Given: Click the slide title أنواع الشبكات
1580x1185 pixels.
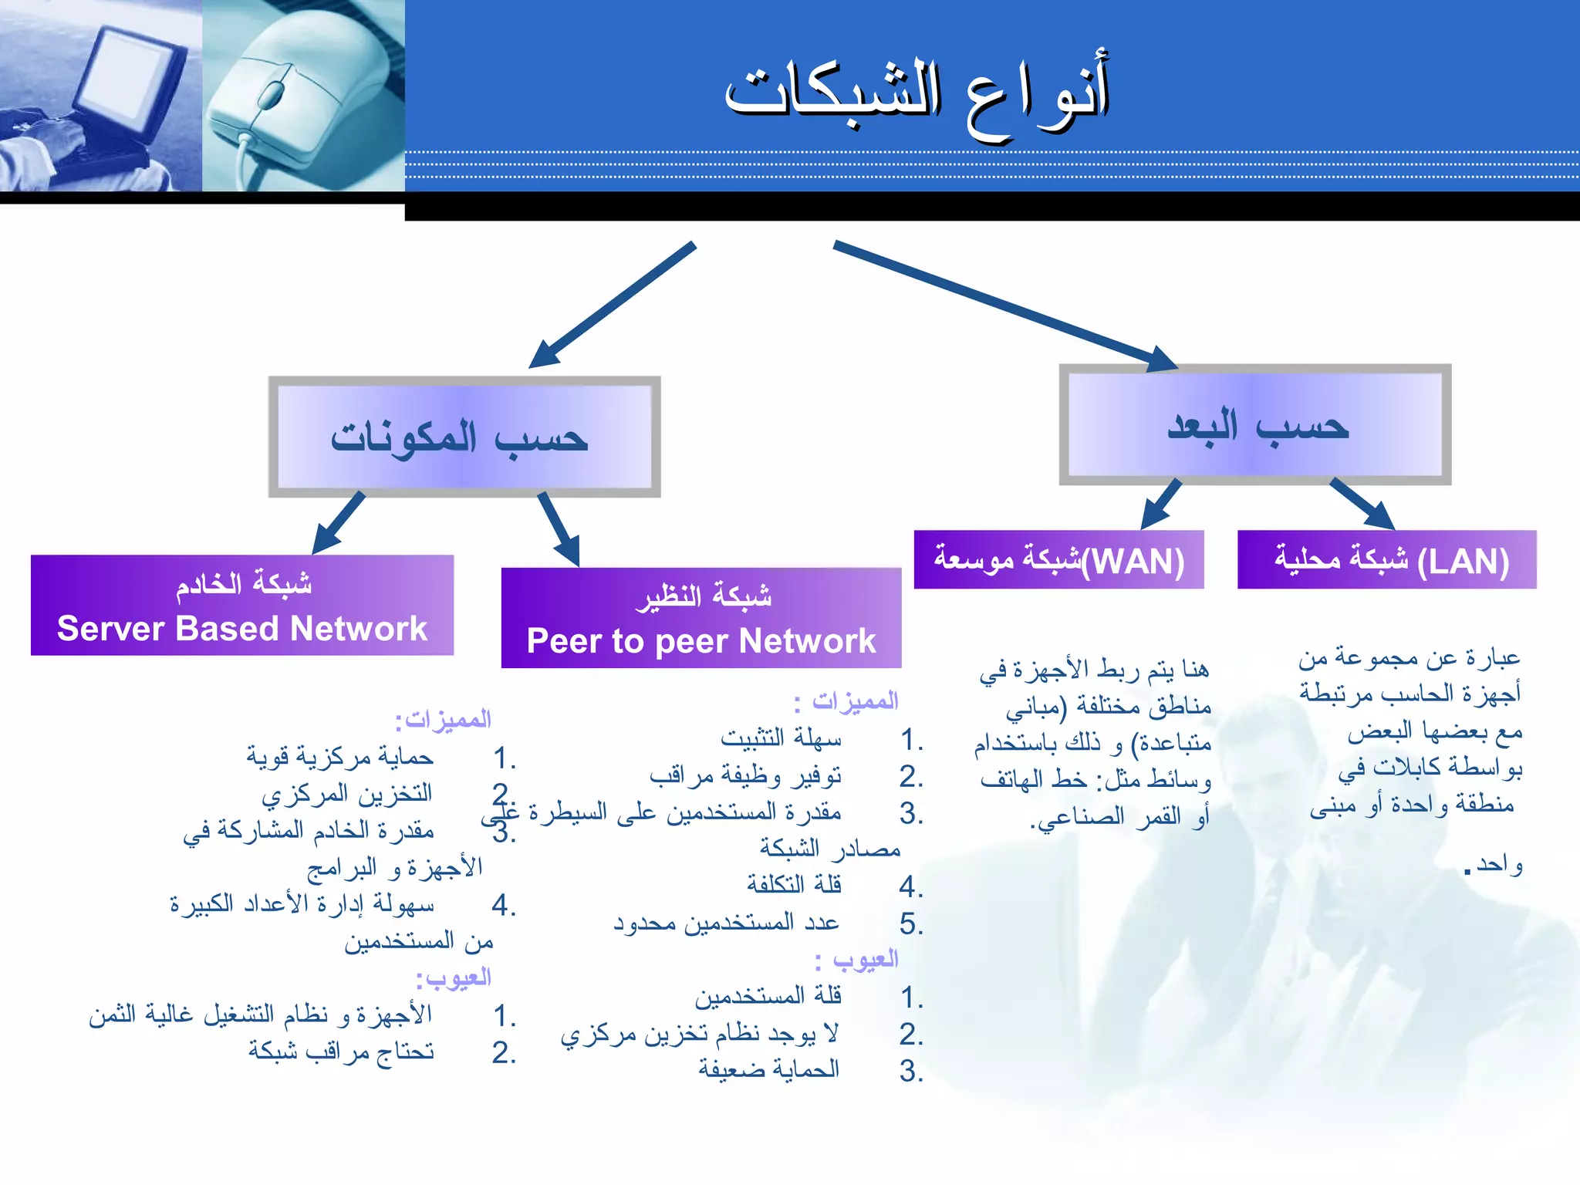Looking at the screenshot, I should tap(917, 96).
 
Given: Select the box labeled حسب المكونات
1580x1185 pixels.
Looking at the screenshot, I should tap(464, 437).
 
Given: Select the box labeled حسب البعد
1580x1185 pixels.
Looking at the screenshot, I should tap(1255, 425).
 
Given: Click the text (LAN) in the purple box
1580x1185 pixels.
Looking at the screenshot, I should tap(1463, 561).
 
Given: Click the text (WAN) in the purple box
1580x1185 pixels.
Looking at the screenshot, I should tap(1133, 561).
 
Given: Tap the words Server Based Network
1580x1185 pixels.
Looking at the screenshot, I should tap(241, 628).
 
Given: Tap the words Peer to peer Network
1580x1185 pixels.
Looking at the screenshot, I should tap(701, 641).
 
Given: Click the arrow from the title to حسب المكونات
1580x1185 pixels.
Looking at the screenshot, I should tap(613, 305).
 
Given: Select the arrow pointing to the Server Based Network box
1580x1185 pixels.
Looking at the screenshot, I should tap(339, 522).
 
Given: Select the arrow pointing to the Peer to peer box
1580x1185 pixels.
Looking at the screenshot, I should tap(558, 528).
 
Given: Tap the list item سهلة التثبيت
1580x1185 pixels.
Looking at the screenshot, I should tap(781, 738).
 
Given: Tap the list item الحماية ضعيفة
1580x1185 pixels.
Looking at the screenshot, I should tap(768, 1069).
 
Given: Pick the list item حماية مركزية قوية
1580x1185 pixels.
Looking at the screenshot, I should tap(340, 757).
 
